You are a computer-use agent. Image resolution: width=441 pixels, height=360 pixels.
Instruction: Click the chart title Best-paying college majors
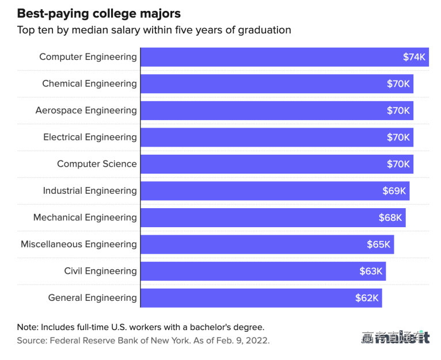98,13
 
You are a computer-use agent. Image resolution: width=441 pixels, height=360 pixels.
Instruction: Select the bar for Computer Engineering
271,57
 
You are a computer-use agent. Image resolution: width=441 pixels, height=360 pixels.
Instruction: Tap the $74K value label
414,57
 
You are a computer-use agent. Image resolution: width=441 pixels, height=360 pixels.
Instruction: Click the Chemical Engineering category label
89,83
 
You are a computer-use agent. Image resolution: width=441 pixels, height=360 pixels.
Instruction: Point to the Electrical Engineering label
90,137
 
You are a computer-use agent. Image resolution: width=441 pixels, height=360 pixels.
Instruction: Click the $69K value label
394,191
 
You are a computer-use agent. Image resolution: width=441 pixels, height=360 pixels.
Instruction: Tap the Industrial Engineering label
90,190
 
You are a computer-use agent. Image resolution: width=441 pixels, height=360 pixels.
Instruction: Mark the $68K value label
390,217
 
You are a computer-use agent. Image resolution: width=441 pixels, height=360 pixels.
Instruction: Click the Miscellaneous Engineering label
79,244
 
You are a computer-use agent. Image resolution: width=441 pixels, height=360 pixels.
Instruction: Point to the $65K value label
379,244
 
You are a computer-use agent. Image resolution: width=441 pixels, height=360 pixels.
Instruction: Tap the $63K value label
371,271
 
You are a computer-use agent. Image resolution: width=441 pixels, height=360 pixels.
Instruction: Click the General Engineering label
92,297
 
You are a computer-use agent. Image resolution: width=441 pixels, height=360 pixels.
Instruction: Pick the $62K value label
367,298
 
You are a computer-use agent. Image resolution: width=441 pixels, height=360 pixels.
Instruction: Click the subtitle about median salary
154,30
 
